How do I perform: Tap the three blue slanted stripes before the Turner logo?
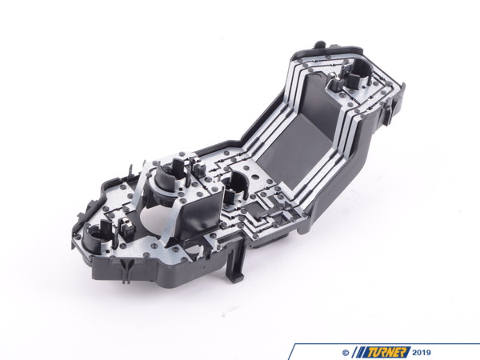click(361, 350)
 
